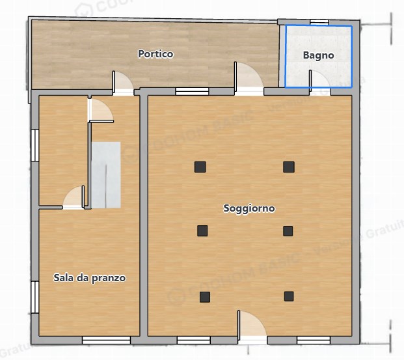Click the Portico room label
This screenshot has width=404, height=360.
coord(155,54)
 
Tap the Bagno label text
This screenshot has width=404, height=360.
coord(319,55)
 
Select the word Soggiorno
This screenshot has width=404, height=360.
coord(249,209)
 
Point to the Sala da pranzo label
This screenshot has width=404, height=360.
coord(89,278)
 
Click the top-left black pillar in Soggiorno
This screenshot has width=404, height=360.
coord(200,167)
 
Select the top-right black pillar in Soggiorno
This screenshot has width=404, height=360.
coord(289,167)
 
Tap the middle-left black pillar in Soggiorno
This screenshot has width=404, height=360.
coord(202,230)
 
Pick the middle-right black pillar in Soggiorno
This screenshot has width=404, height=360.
coord(288,230)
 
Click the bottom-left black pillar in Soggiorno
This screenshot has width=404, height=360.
coord(205,297)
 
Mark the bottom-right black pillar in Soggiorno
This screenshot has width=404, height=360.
coord(289,297)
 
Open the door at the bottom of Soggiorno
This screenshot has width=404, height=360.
coord(251,327)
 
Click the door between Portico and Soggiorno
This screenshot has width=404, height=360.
coord(248,77)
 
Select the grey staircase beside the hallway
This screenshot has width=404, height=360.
coord(105,174)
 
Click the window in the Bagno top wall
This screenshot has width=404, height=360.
coord(319,23)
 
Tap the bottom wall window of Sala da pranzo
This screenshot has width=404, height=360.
coord(105,340)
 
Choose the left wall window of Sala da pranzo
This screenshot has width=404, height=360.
coord(35,296)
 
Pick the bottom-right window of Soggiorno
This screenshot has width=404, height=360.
coord(314,340)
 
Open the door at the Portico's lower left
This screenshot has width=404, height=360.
coord(124,82)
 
